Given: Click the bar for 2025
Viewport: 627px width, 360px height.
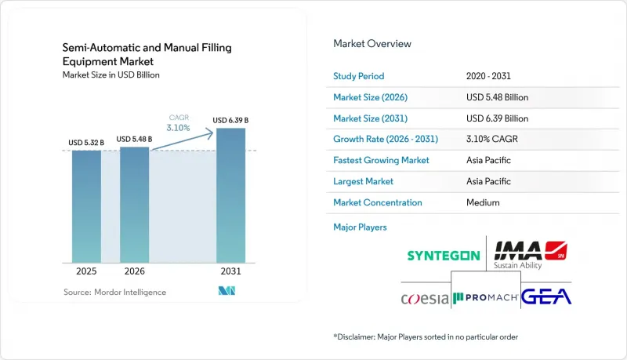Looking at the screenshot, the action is (86, 206).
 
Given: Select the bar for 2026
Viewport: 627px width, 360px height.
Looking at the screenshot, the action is (134, 205).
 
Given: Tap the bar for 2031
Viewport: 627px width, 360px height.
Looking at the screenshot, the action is (230, 195).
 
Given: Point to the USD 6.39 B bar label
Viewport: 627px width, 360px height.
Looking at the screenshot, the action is (230, 120).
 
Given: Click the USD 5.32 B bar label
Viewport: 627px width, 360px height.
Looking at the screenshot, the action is (86, 143).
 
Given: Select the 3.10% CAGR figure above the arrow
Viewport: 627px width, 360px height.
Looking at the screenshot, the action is (179, 128).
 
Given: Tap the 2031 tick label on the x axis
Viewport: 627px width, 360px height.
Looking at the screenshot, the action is (230, 271).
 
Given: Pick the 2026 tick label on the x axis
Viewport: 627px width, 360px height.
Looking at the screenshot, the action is (134, 271).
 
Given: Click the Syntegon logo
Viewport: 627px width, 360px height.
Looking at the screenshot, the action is (444, 256).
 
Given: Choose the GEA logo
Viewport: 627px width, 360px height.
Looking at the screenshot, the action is (546, 296).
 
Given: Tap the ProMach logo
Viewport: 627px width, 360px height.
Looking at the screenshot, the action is (485, 297).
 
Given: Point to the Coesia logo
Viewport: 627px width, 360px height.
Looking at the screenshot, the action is (425, 298).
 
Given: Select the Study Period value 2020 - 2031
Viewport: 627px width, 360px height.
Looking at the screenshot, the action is (488, 76).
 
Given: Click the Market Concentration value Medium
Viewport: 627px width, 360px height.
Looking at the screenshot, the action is (483, 202).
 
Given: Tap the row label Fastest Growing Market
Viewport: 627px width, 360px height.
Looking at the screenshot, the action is (381, 160).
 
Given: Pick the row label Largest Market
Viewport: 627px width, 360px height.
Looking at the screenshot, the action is (363, 181).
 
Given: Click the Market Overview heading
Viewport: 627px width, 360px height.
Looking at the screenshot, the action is (371, 44).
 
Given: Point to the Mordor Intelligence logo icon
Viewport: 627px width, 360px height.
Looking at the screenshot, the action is (227, 291).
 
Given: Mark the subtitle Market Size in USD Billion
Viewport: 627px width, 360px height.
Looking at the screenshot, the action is (111, 75).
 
